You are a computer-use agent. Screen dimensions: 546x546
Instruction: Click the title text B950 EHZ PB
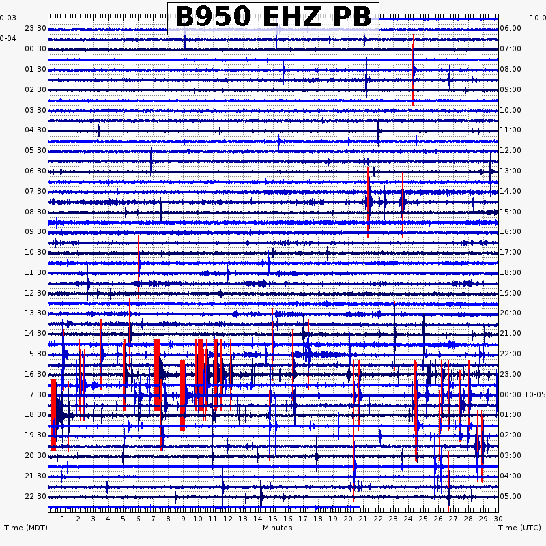point(273,17)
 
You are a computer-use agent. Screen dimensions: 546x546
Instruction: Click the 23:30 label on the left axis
point(35,28)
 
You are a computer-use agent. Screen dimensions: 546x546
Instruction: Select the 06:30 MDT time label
point(35,171)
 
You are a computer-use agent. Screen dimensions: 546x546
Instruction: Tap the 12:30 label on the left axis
point(35,293)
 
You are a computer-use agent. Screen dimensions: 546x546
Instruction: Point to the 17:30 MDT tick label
point(35,394)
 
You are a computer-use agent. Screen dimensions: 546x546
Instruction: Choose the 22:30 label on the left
point(35,496)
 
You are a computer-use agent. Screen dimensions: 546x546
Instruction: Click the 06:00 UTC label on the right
point(511,28)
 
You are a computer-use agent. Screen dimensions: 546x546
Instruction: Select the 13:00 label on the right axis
point(511,171)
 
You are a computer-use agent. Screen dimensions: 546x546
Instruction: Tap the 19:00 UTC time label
point(511,293)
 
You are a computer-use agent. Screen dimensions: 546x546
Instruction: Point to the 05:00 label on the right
point(511,496)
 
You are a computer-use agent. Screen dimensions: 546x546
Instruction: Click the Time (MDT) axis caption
point(26,528)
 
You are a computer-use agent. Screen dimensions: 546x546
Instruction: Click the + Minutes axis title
point(273,528)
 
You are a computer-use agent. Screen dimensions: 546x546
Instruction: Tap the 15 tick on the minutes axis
point(273,519)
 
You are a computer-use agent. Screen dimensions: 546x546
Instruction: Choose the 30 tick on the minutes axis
point(498,519)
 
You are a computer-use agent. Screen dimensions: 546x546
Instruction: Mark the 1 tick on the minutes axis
point(63,519)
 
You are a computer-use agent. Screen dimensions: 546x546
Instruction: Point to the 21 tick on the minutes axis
point(363,519)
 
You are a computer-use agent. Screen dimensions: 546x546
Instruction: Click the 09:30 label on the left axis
point(35,231)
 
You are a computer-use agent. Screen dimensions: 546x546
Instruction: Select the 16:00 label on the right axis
point(511,231)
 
